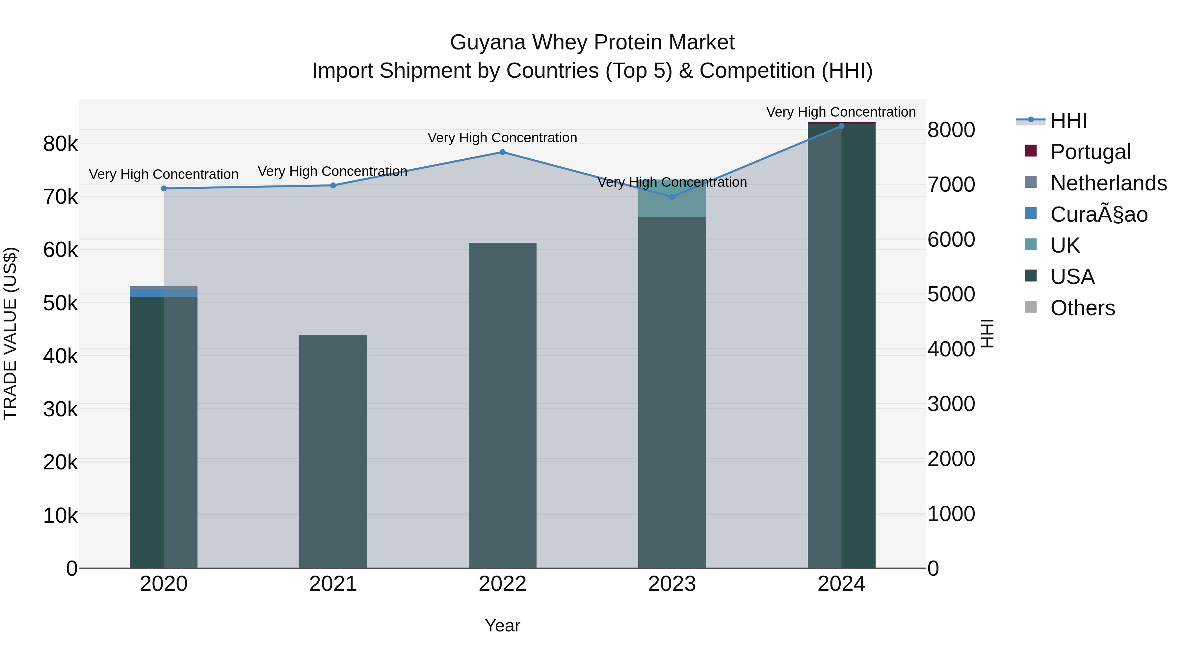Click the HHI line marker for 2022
(502, 152)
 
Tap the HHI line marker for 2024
(841, 126)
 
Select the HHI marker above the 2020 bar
(164, 188)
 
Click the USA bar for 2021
(333, 451)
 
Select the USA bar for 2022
(502, 405)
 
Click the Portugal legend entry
(1090, 152)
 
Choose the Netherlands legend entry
(1108, 183)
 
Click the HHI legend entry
(1068, 121)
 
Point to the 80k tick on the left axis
(60, 144)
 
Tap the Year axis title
(502, 625)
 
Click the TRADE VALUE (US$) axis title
(10, 333)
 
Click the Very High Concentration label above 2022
(502, 138)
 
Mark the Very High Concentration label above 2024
(841, 112)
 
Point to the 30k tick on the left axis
(60, 409)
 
